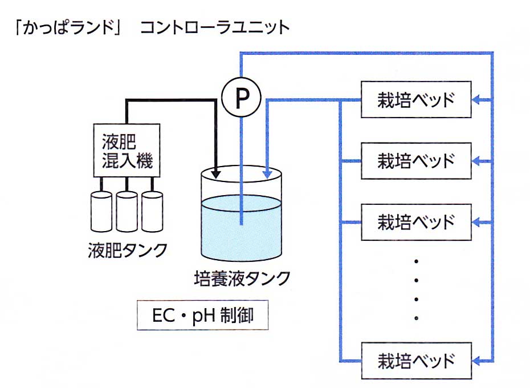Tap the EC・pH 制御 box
(x=203, y=316)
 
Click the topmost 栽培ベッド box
(x=417, y=100)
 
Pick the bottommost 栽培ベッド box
(x=417, y=361)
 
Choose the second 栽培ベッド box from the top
(x=417, y=160)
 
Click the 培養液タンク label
(x=242, y=279)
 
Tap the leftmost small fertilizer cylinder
(x=102, y=212)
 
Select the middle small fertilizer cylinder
(x=127, y=212)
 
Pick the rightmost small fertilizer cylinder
(x=152, y=212)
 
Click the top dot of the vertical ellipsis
(x=417, y=261)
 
